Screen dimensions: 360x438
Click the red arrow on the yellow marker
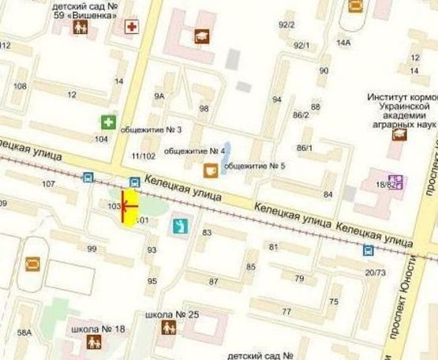click(129, 207)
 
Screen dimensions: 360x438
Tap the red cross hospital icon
click(132, 28)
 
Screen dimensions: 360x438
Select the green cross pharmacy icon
click(107, 122)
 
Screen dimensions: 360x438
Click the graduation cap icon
click(202, 36)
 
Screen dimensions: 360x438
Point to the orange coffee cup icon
click(211, 169)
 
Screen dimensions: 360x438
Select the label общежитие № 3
click(157, 129)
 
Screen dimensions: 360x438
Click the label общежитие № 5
click(255, 166)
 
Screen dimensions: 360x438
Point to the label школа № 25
click(168, 314)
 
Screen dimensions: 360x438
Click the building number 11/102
click(144, 156)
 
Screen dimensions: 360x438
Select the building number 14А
click(343, 42)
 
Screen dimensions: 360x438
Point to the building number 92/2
click(286, 24)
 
